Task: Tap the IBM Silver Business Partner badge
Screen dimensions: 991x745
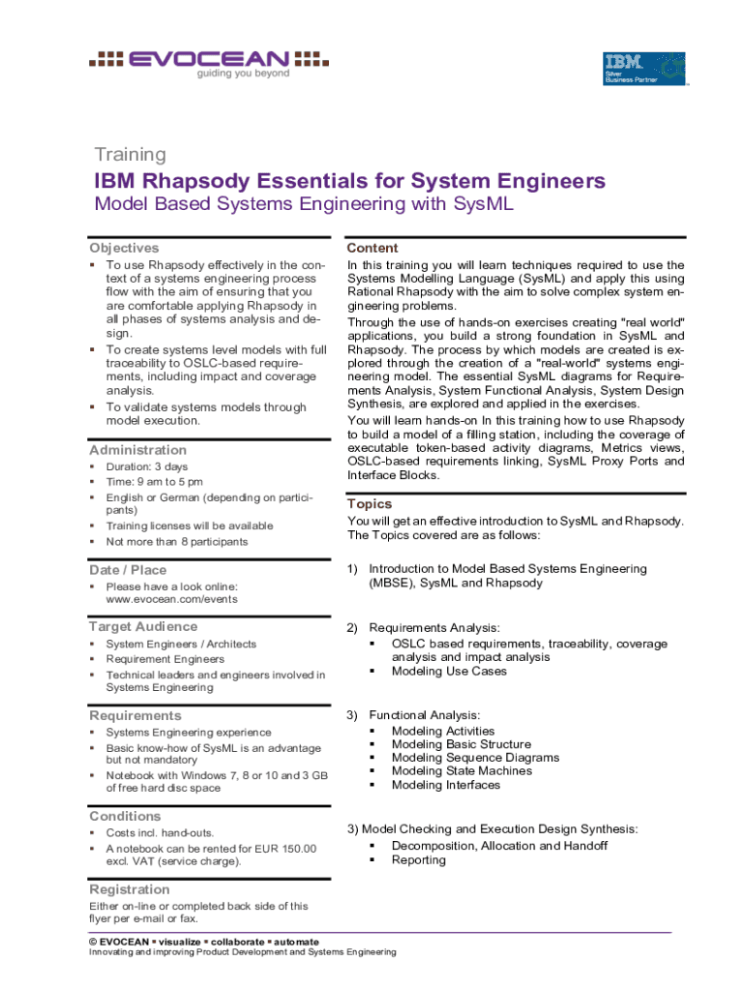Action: [643, 69]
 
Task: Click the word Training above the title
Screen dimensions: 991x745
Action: [130, 155]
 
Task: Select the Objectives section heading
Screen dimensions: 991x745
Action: [124, 248]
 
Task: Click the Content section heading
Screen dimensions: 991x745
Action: [372, 248]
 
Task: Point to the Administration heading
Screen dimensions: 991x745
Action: [138, 450]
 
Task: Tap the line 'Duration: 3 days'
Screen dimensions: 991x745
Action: [147, 466]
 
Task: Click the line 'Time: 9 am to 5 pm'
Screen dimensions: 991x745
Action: [155, 482]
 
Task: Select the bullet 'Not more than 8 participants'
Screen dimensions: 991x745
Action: [177, 542]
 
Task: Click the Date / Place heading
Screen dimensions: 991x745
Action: [128, 570]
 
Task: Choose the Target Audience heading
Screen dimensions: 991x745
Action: [143, 626]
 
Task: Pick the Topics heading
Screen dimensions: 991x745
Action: [370, 504]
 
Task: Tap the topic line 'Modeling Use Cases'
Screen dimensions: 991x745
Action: [449, 671]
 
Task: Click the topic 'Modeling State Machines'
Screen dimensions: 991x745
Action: [462, 771]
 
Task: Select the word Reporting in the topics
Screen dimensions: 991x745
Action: [419, 859]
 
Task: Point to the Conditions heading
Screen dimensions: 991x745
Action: [125, 816]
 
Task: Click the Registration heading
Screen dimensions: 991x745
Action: [130, 889]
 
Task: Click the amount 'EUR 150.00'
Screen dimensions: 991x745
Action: [283, 849]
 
